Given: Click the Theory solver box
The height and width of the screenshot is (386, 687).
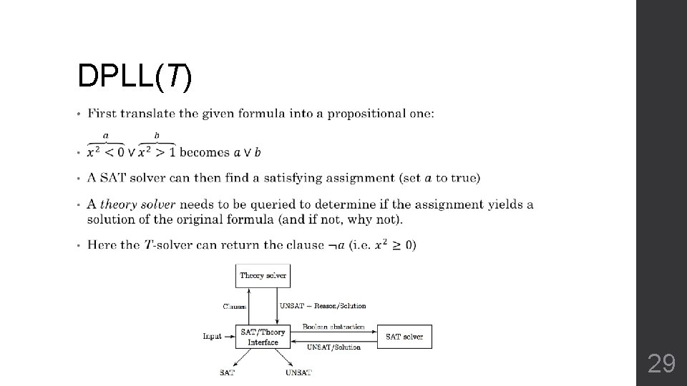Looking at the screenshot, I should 263,275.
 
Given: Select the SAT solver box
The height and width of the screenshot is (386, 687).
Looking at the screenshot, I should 404,337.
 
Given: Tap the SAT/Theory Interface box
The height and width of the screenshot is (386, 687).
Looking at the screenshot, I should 263,337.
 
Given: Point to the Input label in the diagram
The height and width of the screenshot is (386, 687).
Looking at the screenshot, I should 213,336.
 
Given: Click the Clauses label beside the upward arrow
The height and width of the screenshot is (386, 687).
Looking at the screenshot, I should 234,307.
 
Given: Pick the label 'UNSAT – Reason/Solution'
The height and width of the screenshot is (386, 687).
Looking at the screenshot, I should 323,306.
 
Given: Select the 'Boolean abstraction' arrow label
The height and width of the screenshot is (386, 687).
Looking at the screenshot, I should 333,327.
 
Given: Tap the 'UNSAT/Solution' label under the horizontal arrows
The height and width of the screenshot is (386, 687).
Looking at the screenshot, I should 333,347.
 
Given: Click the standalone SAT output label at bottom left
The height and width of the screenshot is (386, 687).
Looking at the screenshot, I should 227,372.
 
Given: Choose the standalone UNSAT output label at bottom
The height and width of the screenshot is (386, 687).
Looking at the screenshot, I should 298,372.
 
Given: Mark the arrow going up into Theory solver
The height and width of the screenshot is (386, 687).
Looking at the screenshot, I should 249,297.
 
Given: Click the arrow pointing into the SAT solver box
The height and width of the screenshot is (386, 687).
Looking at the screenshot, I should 371,331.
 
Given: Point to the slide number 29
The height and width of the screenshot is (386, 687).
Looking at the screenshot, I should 661,365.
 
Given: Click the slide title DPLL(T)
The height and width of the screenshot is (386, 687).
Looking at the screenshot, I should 135,77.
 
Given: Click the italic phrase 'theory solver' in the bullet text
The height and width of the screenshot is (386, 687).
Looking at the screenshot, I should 137,204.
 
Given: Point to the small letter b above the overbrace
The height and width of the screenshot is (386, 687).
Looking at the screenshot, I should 157,136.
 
